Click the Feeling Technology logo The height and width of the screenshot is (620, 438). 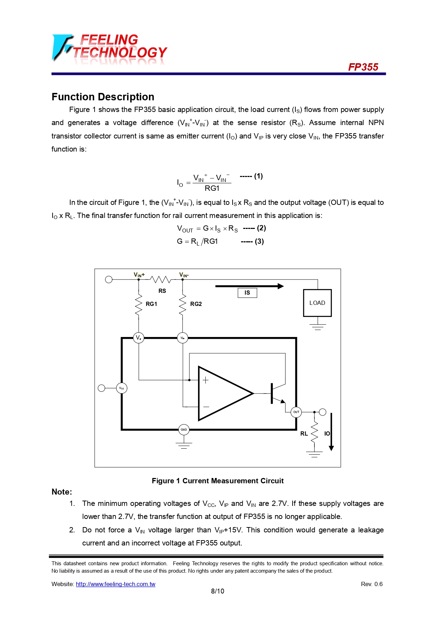pos(109,49)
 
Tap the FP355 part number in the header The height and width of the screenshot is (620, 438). pos(363,67)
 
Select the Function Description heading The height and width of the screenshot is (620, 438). pos(103,97)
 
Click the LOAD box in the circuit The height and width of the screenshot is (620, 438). pos(317,303)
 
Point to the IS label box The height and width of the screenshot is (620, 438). pos(247,293)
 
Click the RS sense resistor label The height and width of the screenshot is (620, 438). pos(162,291)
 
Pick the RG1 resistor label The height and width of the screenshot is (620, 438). pos(151,304)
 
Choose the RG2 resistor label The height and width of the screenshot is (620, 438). pos(196,304)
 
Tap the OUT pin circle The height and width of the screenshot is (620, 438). pos(296,412)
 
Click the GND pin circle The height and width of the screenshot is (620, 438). pos(184,430)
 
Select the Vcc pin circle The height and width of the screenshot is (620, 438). pos(121,388)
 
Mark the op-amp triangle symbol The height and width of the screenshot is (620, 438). pos(222,393)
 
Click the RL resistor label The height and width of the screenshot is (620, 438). pos(304,433)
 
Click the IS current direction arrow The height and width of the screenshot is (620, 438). pos(249,286)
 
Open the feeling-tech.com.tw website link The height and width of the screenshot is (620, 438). pos(115,584)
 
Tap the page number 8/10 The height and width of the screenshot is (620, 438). pos(217,591)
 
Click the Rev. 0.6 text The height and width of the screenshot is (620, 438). pos(372,584)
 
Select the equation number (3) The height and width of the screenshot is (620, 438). pos(259,241)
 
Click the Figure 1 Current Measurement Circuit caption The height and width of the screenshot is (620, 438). pos(217,481)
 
